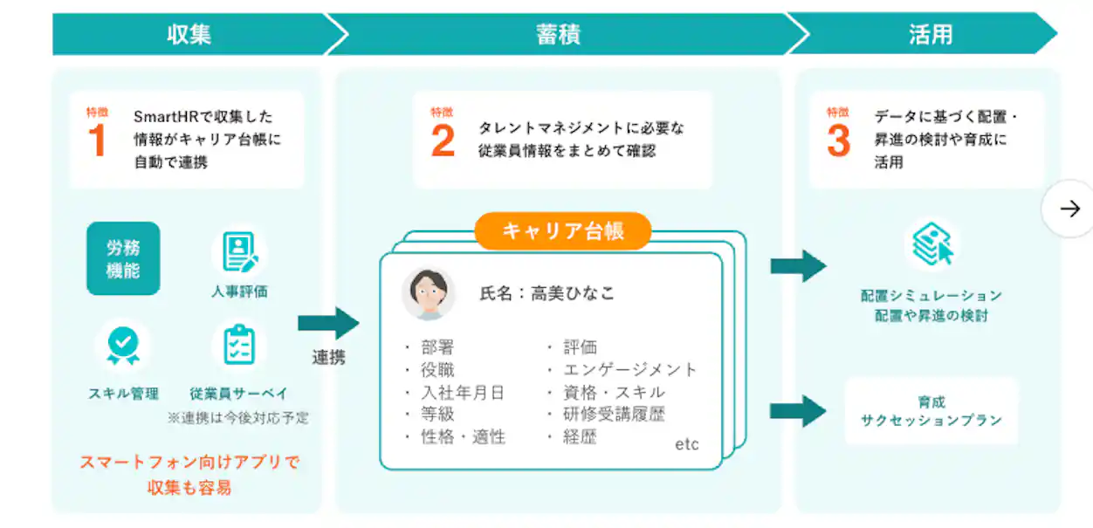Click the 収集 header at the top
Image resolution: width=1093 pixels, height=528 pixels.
coord(189,34)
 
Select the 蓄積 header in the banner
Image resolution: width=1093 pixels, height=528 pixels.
coord(558,34)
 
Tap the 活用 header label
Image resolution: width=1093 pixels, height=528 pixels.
coord(930,34)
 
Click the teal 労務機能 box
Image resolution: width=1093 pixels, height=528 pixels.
coord(123,258)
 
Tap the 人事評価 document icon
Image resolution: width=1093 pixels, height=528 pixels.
coord(238,252)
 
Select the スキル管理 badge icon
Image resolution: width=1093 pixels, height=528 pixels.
coord(123,346)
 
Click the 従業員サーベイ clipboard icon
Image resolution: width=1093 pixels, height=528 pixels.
coord(238,346)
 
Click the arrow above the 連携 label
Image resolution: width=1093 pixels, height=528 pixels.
coord(328,323)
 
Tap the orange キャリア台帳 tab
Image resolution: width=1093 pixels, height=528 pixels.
coord(563,231)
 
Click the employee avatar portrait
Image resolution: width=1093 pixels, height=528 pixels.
coord(429,294)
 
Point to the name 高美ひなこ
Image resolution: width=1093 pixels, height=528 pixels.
coord(573,294)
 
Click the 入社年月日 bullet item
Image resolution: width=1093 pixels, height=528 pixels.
coord(463,392)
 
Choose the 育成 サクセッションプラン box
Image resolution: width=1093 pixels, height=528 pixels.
coord(931,411)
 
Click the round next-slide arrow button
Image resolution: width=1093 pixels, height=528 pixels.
coord(1069,209)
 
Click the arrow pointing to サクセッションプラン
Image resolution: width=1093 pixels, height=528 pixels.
coord(798,410)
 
